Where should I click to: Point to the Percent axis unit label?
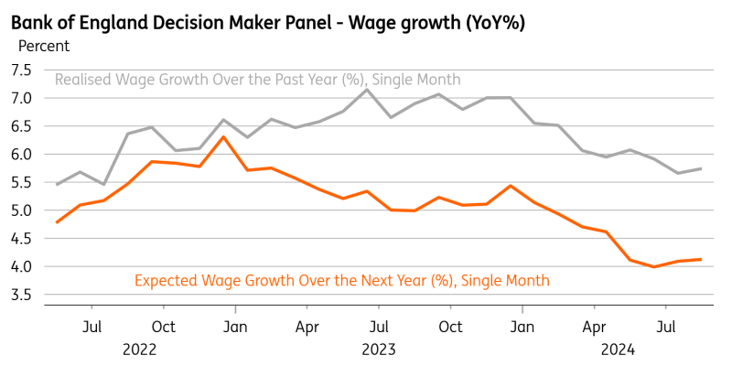(44, 45)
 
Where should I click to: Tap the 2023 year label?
(379, 349)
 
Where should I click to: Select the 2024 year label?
(619, 349)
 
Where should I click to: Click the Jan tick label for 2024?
(522, 326)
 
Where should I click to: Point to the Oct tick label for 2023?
(450, 326)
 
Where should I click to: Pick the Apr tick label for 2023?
(307, 326)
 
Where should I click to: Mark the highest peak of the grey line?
(367, 89)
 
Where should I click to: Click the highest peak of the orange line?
(223, 136)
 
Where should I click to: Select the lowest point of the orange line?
(654, 267)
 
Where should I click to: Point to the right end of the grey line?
(702, 168)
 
